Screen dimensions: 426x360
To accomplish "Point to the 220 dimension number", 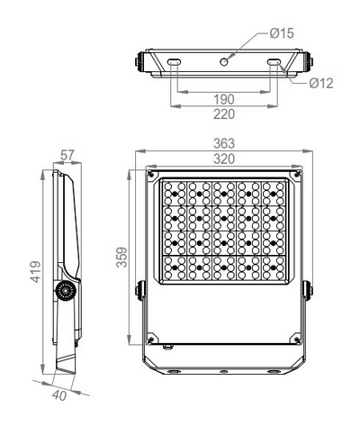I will point(225,114).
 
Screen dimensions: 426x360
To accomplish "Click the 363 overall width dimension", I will point(224,143).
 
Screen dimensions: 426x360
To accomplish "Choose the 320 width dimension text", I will point(224,159).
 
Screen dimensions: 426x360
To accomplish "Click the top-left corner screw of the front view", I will point(152,177).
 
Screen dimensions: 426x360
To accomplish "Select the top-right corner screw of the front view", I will point(296,177).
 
